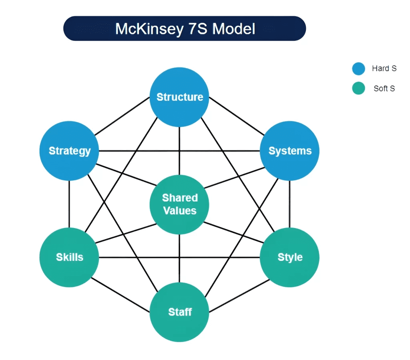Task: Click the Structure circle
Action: (179, 97)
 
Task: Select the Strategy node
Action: (69, 151)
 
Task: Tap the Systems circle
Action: (289, 151)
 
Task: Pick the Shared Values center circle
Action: (179, 204)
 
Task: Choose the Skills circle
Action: (69, 257)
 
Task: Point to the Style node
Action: (289, 257)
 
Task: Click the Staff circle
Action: (179, 312)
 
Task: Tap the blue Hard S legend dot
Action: (358, 69)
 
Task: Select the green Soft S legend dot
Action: (358, 88)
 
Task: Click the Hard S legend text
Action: (384, 69)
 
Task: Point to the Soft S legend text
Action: (384, 89)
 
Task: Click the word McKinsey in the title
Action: (148, 29)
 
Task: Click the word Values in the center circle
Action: (180, 211)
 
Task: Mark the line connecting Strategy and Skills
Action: (69, 204)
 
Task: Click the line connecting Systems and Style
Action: (289, 204)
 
